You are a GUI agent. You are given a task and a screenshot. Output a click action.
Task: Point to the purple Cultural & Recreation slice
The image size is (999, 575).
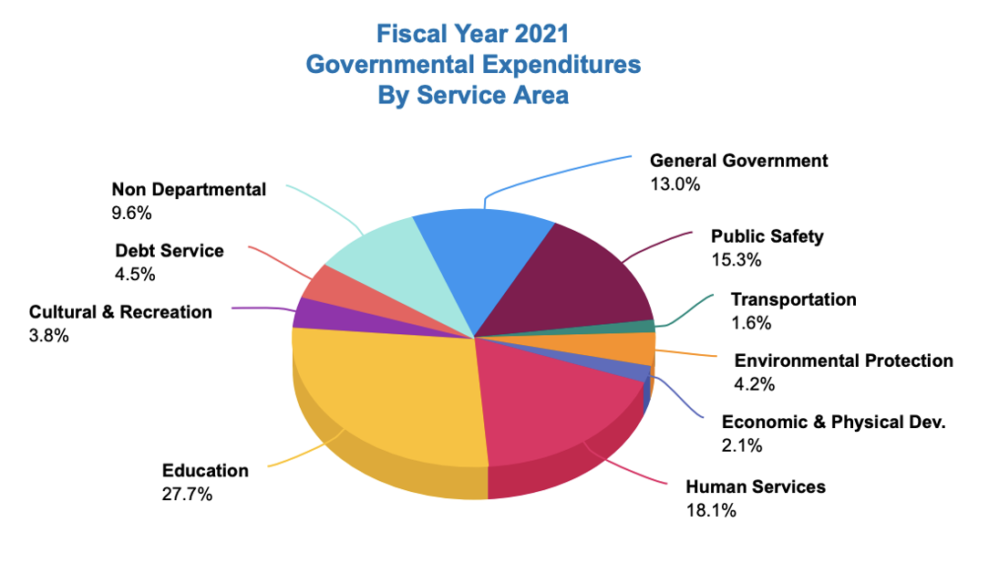[310, 312]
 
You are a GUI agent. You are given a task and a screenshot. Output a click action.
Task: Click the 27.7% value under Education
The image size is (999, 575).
[187, 494]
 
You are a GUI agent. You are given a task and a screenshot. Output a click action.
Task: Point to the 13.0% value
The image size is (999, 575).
[675, 183]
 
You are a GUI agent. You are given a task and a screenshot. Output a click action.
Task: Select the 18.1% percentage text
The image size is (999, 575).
[711, 509]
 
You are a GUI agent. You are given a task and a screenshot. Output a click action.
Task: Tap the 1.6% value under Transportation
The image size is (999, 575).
[751, 322]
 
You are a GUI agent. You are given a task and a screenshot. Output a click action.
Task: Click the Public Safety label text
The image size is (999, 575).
[767, 236]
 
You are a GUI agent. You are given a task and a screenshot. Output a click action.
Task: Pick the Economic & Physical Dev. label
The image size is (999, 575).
[833, 422]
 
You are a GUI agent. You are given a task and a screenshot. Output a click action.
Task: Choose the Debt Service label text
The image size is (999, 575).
[169, 250]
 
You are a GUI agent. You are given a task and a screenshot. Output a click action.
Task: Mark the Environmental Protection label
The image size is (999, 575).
[843, 361]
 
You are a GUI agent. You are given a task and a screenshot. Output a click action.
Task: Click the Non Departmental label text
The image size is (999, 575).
[189, 189]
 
